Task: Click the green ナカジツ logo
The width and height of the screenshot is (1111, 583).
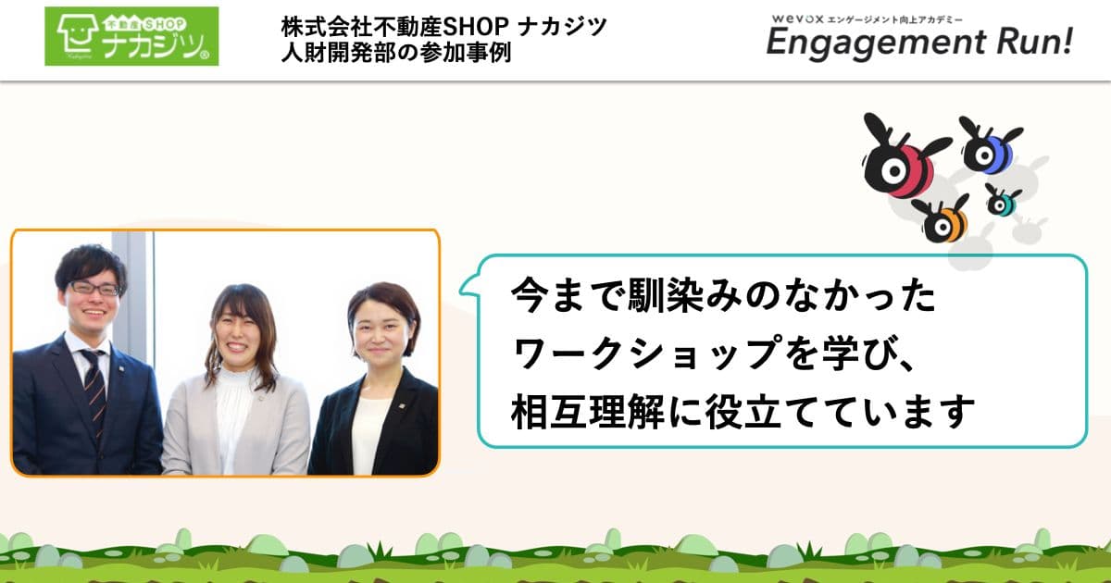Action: [x=131, y=36]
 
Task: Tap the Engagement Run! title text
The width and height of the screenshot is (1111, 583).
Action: [x=918, y=43]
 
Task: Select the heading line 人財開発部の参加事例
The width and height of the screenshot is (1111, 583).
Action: [x=398, y=52]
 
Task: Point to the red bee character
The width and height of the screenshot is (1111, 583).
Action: [x=903, y=164]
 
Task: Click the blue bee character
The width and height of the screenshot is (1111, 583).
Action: [x=988, y=148]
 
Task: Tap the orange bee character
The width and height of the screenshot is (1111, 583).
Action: [x=944, y=220]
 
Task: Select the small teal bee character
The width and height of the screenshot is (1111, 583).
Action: [x=1001, y=201]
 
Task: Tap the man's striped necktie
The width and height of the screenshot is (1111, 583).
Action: [x=94, y=389]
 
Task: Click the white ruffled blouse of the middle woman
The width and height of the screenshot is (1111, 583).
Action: [x=234, y=416]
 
